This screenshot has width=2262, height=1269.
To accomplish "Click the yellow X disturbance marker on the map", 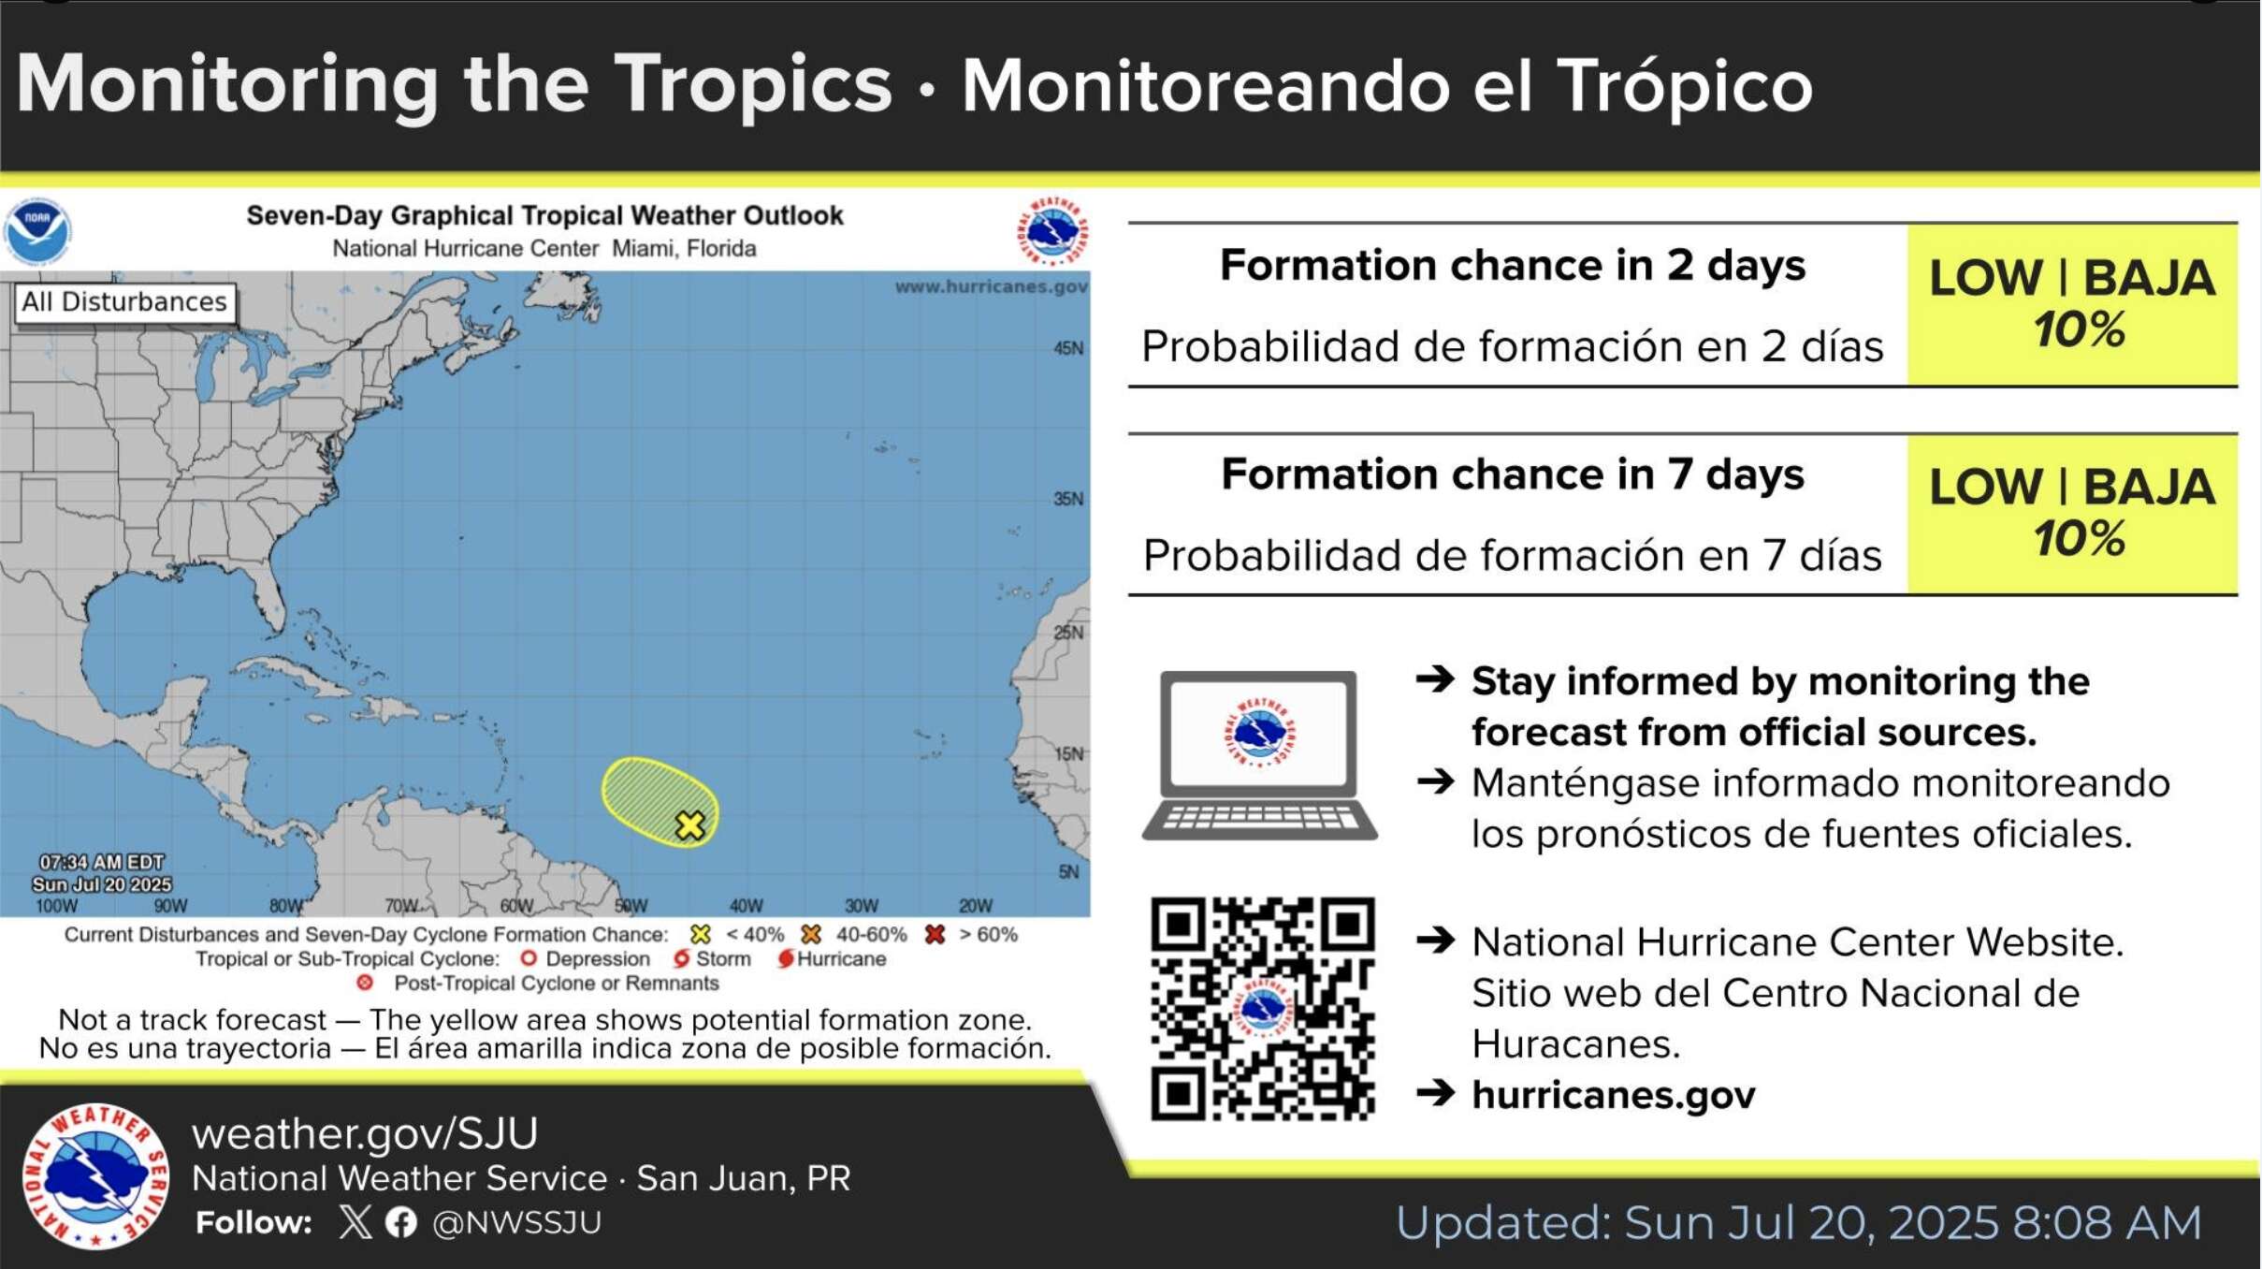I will click(x=690, y=825).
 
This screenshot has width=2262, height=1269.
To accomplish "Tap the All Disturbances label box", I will click(x=124, y=302).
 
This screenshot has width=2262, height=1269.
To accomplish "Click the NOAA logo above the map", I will click(x=37, y=231).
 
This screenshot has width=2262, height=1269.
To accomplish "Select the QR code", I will click(x=1262, y=1009).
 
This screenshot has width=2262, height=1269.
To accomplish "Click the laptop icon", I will click(x=1259, y=754).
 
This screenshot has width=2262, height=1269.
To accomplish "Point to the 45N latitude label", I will click(x=1068, y=348).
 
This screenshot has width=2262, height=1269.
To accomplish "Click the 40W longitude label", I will click(x=747, y=906).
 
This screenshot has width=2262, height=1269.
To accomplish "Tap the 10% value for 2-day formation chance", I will click(x=2079, y=330).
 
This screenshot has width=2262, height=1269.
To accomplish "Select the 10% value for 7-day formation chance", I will click(x=2079, y=539).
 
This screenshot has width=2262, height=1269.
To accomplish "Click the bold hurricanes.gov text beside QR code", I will click(x=1614, y=1094).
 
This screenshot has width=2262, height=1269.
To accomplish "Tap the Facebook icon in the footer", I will click(x=401, y=1222).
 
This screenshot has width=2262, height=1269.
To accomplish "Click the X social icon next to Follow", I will click(x=355, y=1222).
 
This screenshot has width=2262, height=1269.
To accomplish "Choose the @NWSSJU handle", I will click(x=516, y=1222).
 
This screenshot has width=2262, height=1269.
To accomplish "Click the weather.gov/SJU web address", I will click(x=365, y=1133).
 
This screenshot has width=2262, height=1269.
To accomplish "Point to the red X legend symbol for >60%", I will click(x=935, y=934).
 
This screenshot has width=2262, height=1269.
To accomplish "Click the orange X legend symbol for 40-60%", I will click(x=811, y=934).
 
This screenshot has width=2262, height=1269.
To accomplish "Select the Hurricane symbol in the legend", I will click(x=786, y=958).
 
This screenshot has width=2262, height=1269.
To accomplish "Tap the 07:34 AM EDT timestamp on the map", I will click(x=101, y=862).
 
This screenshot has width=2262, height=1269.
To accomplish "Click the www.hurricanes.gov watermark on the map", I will click(x=991, y=286).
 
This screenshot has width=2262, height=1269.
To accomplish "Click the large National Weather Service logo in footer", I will click(x=95, y=1176).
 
